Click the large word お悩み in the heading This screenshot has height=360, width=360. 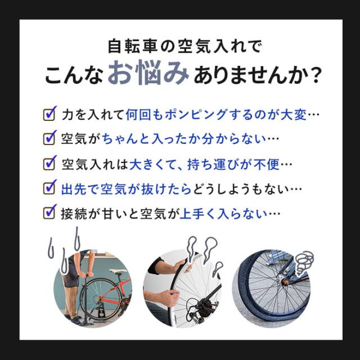148,73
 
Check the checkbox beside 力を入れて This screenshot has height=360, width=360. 49,113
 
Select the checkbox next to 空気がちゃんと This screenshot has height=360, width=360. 49,137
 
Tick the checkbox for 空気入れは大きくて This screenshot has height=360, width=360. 49,163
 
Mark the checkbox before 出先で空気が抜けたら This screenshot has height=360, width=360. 49,187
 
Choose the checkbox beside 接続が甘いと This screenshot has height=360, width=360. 49,211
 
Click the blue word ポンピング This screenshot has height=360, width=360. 196,115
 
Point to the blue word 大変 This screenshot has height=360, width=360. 294,115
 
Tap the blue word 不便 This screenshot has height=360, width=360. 266,165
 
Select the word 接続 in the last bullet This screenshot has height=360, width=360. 74,214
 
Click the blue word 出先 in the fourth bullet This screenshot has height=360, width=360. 74,190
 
